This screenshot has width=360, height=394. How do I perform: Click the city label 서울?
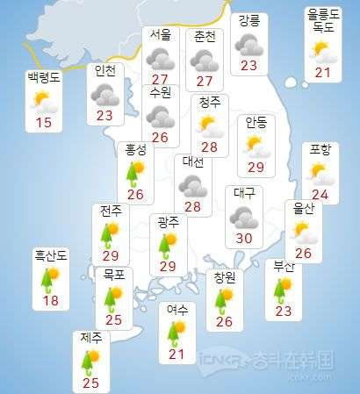161,36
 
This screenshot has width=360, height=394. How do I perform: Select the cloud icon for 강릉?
248,43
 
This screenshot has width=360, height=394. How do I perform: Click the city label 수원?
161,91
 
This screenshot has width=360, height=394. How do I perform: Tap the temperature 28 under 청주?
209,146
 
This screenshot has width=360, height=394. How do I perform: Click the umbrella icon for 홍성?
136,172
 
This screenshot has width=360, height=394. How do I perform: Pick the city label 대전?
193,162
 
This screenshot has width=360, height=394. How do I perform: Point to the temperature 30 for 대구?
245,238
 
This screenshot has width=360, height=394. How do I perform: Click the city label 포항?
321,150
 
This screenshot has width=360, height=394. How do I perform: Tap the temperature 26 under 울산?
304,254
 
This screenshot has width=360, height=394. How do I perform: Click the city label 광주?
166,223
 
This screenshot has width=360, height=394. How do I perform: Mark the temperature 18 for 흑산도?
52,302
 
